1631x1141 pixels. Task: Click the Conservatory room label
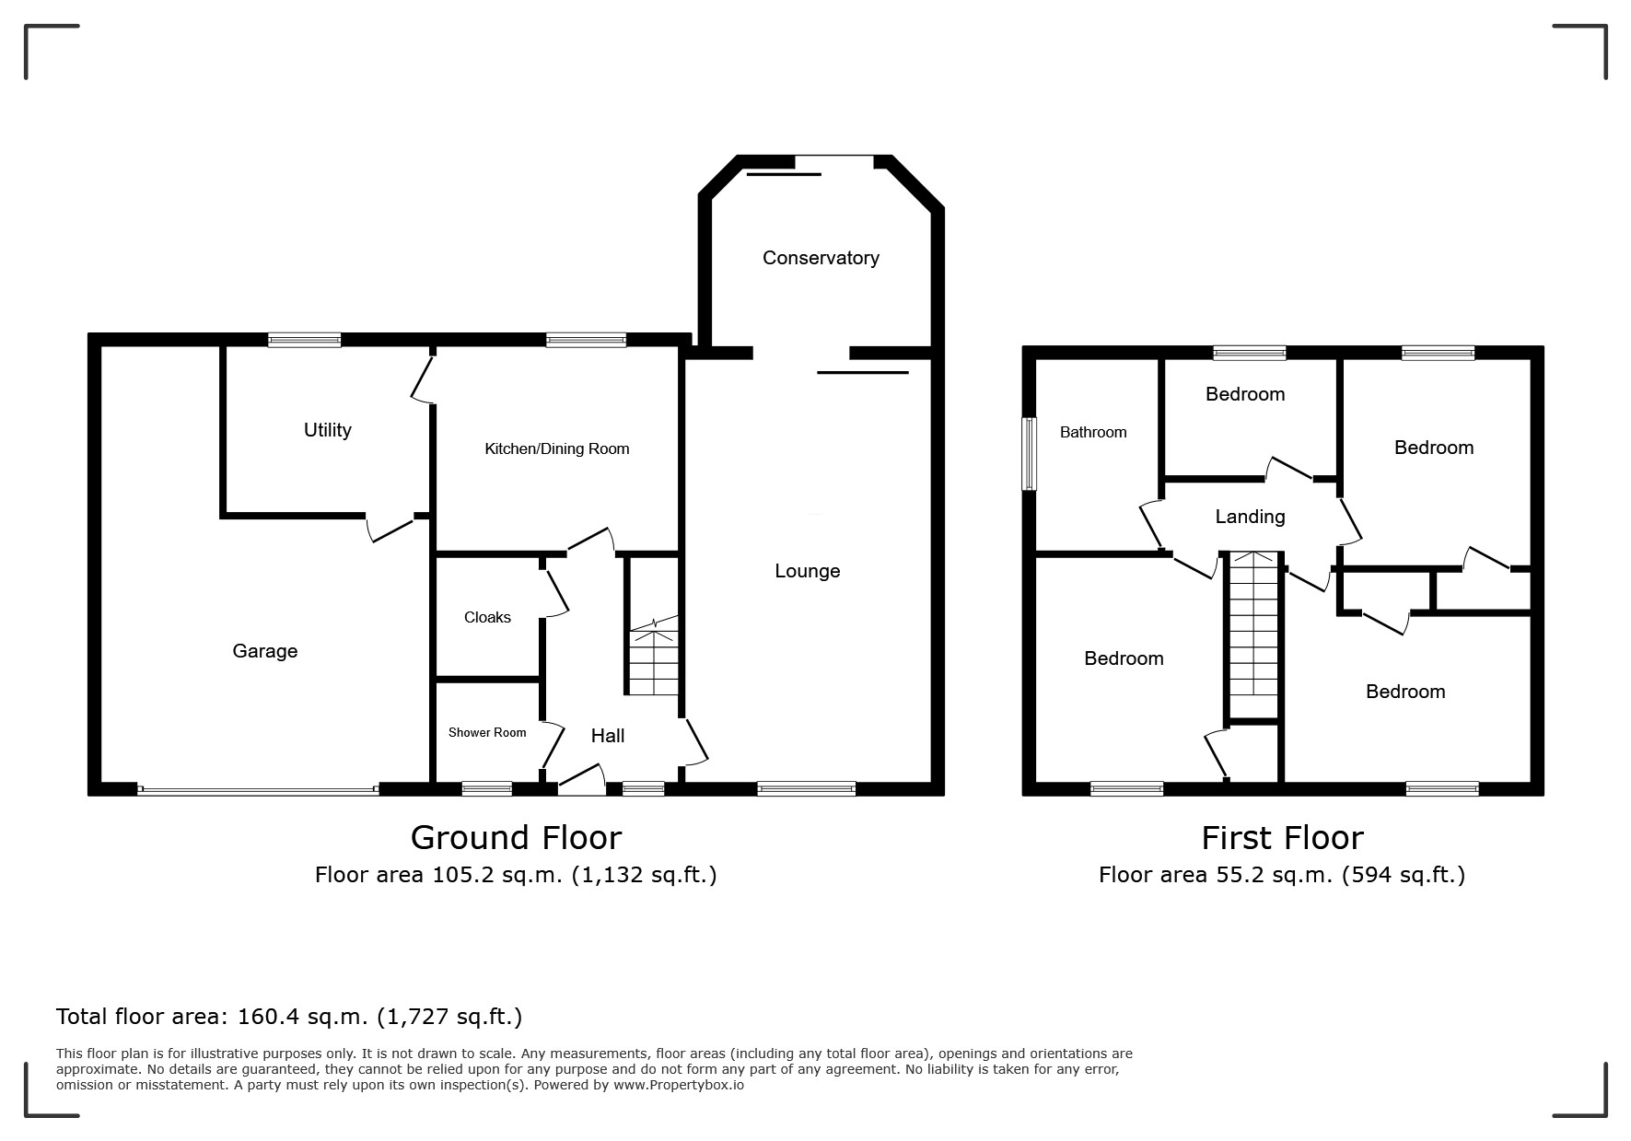(821, 258)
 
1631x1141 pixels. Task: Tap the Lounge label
(808, 572)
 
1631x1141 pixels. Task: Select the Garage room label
(265, 652)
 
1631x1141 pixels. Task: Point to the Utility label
(328, 430)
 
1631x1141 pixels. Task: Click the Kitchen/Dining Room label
(557, 449)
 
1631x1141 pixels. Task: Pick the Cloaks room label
(487, 617)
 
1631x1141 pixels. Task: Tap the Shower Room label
(487, 733)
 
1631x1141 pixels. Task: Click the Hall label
(608, 736)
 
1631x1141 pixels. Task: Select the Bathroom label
(1093, 432)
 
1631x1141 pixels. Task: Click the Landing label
(1250, 517)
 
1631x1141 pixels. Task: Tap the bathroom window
(1030, 454)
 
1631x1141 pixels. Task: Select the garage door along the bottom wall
(258, 789)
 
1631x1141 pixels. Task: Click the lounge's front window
(807, 788)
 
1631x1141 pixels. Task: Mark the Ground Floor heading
(516, 838)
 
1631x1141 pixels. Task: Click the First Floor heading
(1282, 838)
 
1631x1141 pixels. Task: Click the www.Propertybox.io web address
(679, 1085)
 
